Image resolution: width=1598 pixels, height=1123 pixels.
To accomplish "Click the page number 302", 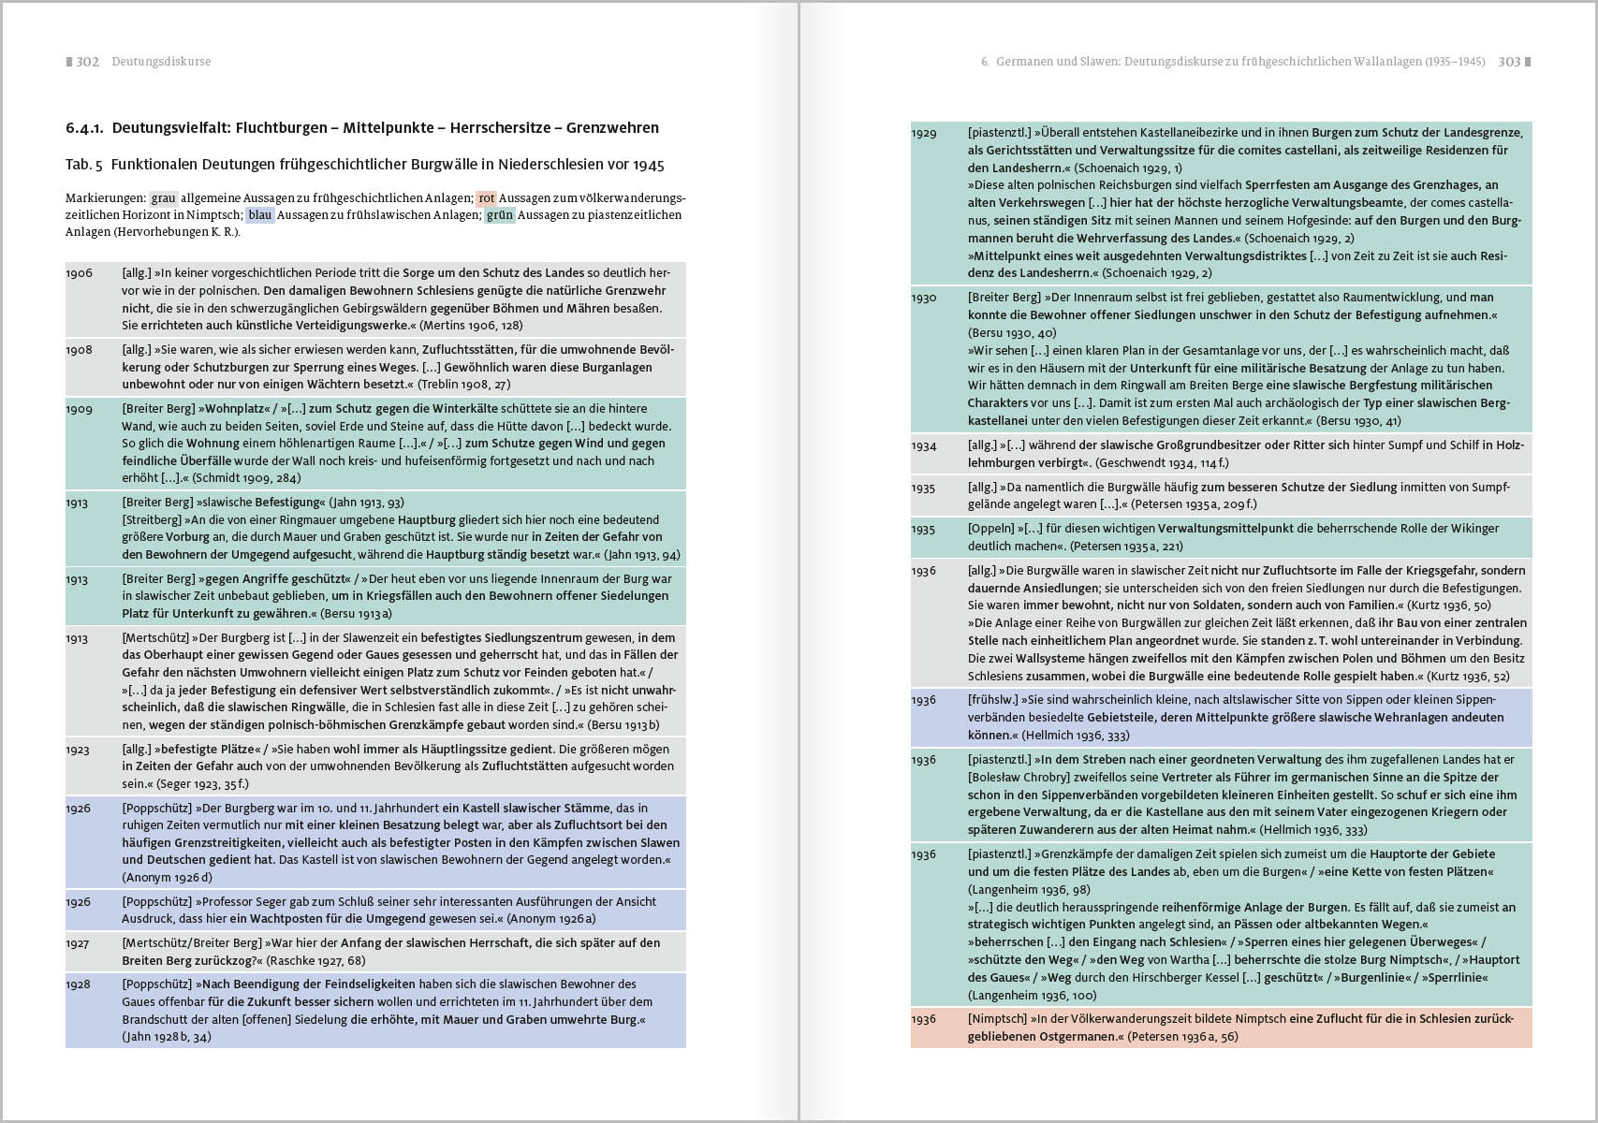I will [x=87, y=62].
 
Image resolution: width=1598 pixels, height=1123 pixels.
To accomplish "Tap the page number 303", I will [x=1509, y=62].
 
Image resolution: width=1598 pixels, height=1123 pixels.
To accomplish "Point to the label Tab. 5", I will [x=83, y=165].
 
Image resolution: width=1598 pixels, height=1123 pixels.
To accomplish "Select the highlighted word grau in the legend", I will [x=164, y=198].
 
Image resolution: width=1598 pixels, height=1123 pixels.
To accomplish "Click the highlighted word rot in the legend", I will [x=486, y=198].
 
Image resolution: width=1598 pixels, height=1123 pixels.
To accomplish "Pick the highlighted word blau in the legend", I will [x=259, y=215].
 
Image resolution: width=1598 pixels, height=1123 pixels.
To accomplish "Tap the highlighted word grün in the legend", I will [x=500, y=215].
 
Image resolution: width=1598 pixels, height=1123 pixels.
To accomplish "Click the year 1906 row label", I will [x=79, y=273].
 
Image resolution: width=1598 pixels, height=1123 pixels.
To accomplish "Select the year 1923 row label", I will [x=79, y=750].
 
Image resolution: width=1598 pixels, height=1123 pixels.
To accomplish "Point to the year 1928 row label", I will [x=79, y=984].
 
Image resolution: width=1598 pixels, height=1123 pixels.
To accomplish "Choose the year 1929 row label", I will [x=924, y=134].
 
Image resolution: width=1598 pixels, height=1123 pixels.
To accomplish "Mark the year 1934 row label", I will [x=924, y=446].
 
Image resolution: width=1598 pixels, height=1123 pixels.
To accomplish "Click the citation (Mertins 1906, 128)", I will [x=471, y=326].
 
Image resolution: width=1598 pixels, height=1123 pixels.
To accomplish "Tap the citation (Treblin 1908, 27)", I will [x=463, y=385].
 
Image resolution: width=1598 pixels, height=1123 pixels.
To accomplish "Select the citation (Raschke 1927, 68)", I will [x=315, y=961].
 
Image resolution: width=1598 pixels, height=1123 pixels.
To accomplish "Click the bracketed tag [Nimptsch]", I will [x=997, y=1019].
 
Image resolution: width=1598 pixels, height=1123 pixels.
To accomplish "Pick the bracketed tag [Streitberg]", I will [x=151, y=520].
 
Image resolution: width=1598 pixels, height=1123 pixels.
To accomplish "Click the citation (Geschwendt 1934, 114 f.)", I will [x=1162, y=463].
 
